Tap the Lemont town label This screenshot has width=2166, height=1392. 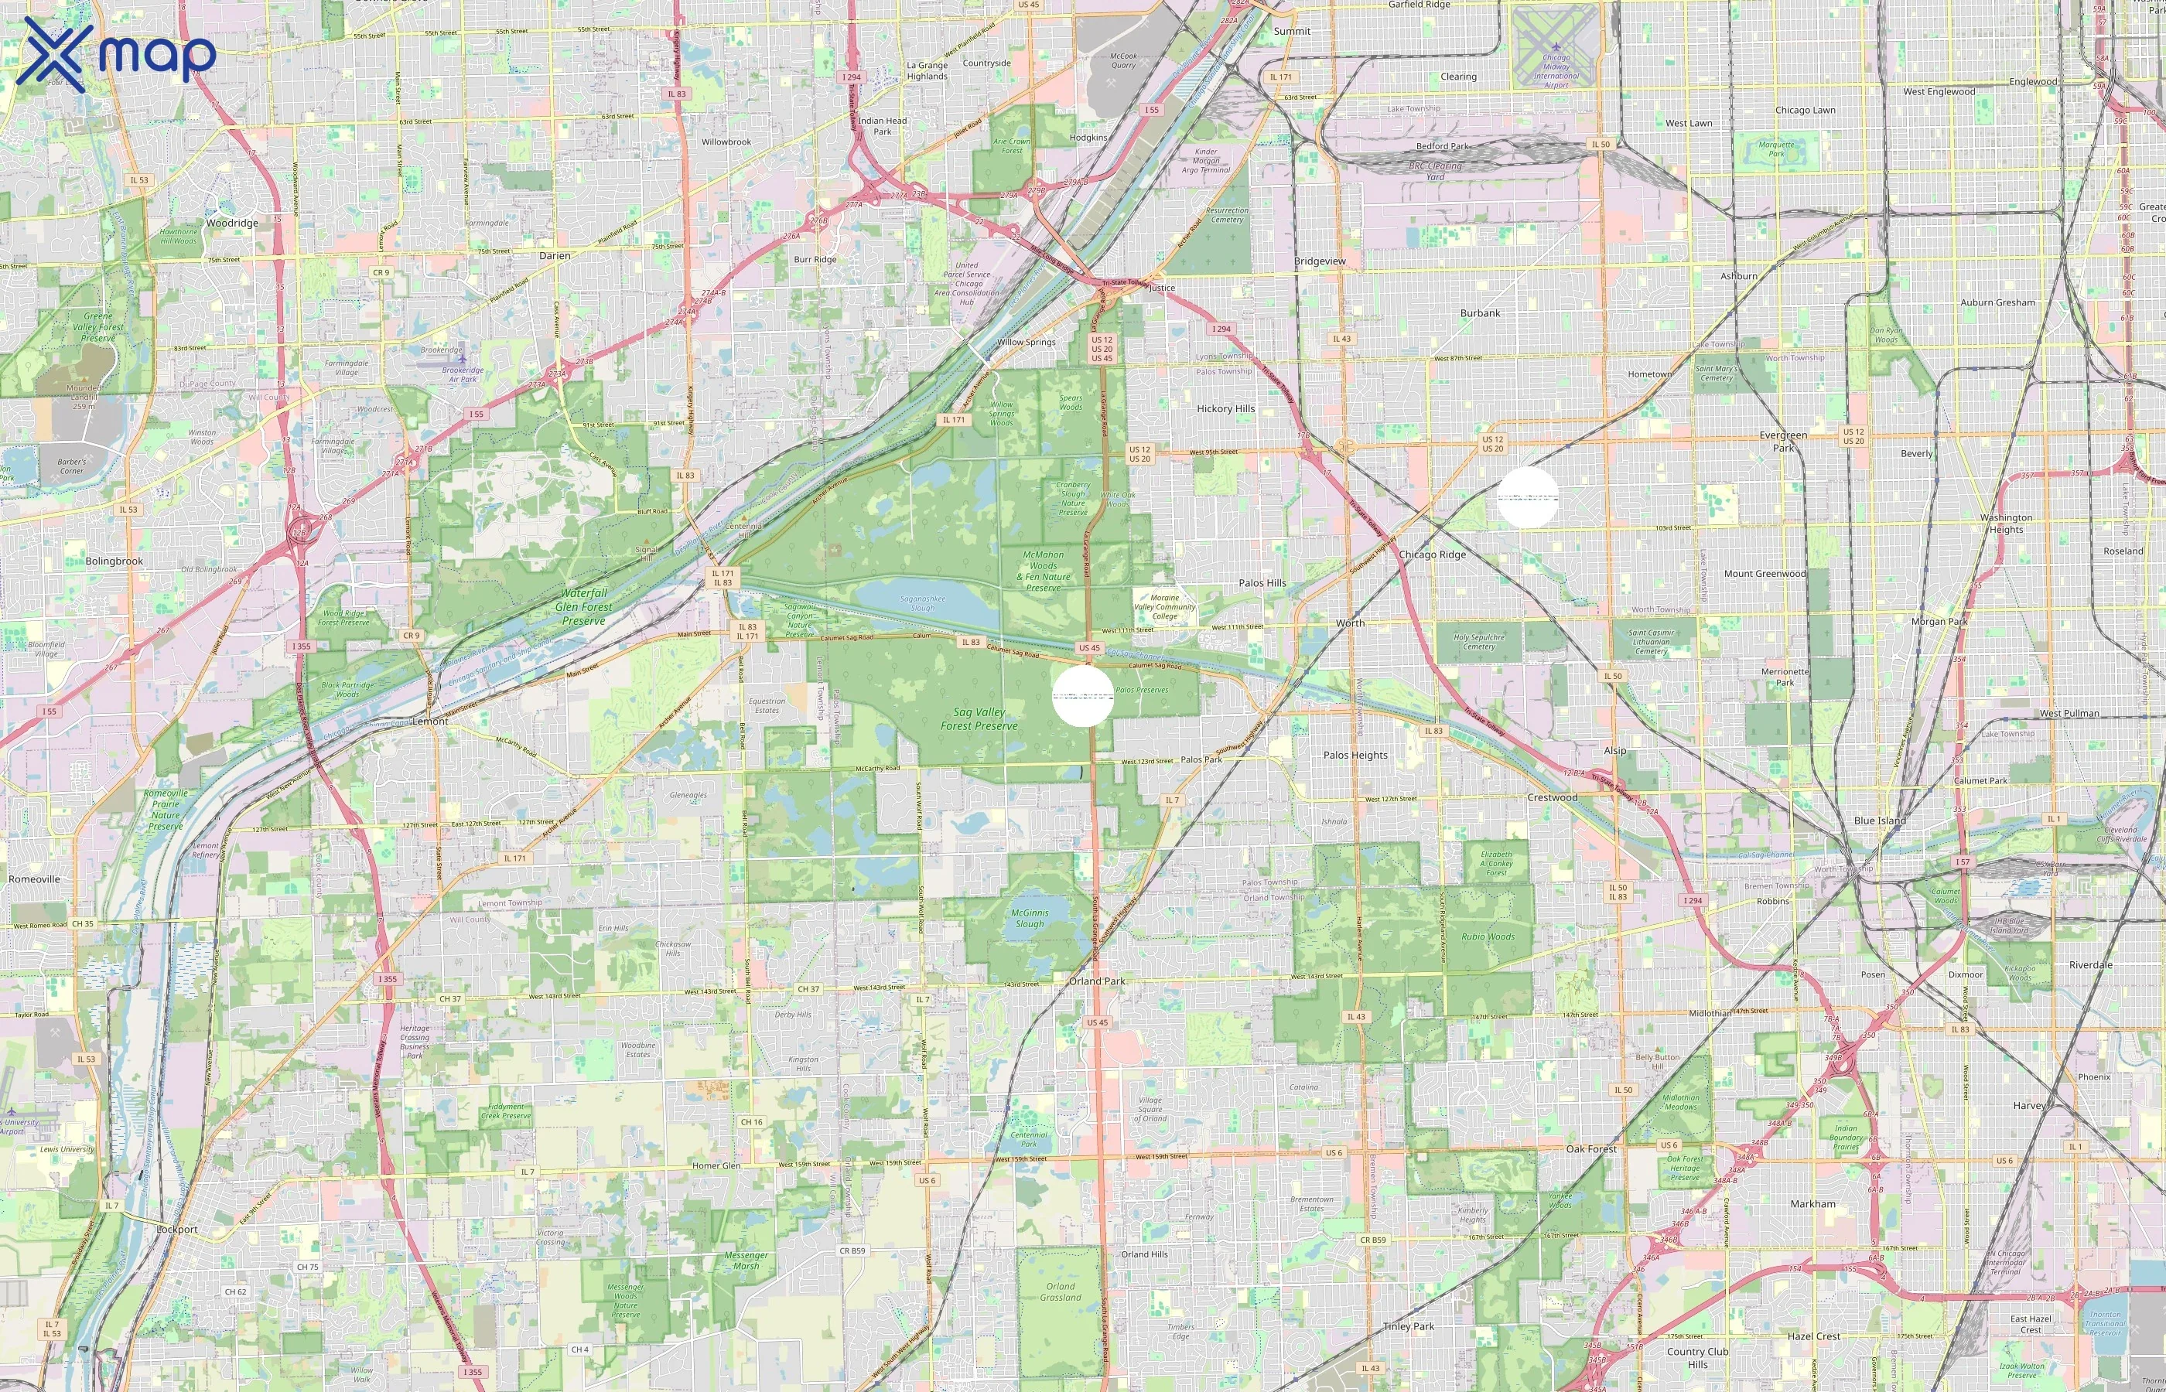pyautogui.click(x=429, y=722)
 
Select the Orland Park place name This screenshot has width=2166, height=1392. pyautogui.click(x=1098, y=981)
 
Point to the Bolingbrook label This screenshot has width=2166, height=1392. pyautogui.click(x=114, y=561)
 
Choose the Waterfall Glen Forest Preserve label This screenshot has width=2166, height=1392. pyautogui.click(x=583, y=606)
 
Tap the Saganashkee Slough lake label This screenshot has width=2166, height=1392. pyautogui.click(x=923, y=603)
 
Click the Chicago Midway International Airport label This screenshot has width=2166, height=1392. pyautogui.click(x=1556, y=70)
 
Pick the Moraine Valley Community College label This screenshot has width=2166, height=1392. pyautogui.click(x=1164, y=606)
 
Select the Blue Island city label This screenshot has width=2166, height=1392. pyautogui.click(x=1880, y=821)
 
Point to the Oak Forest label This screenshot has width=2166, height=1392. pyautogui.click(x=1590, y=1149)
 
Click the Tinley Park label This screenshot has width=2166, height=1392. pyautogui.click(x=1409, y=1326)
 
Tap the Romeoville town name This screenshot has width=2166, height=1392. pyautogui.click(x=34, y=879)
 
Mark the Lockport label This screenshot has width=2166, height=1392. pyautogui.click(x=176, y=1230)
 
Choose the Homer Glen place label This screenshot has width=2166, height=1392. pyautogui.click(x=716, y=1166)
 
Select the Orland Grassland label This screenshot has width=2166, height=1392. pyautogui.click(x=1061, y=1291)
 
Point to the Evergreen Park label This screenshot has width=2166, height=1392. pyautogui.click(x=1783, y=441)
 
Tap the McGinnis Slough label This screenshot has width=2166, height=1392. pyautogui.click(x=1029, y=919)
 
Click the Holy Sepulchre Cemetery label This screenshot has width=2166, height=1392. pyautogui.click(x=1479, y=642)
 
